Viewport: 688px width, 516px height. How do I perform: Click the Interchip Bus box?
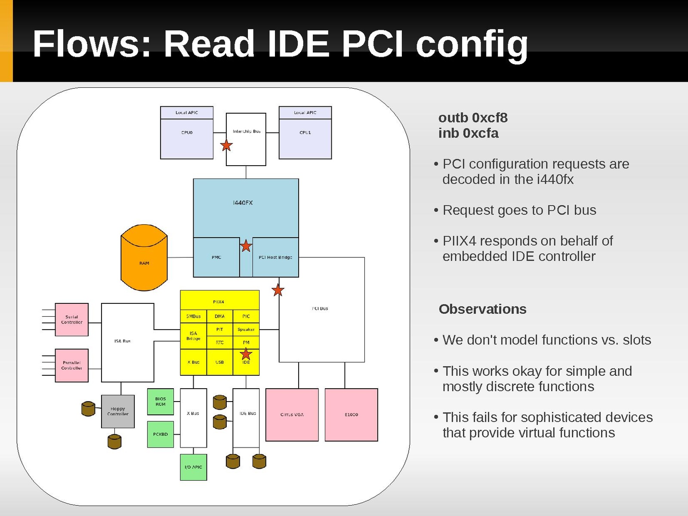point(246,139)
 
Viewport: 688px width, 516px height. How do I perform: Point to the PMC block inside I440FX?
point(216,257)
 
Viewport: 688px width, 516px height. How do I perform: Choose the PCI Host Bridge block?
point(275,257)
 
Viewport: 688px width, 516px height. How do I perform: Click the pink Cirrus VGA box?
point(292,415)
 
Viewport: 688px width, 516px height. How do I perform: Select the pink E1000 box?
point(351,415)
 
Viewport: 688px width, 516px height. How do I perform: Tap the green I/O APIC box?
point(193,467)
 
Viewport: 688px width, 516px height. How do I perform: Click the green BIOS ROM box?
point(160,402)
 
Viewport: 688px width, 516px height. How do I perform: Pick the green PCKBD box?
point(160,434)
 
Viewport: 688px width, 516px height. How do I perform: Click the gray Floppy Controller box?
point(118,411)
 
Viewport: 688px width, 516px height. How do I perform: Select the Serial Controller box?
point(72,319)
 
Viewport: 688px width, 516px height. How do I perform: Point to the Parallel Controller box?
point(72,365)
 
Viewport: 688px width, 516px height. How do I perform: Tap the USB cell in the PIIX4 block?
point(219,362)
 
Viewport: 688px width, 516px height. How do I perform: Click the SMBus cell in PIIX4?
point(193,316)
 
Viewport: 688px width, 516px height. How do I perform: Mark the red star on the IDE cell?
point(246,354)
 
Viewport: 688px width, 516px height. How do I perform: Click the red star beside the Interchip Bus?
point(226,145)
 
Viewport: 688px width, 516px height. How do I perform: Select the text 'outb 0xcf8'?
point(473,117)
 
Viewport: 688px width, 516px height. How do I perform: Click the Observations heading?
point(482,309)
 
